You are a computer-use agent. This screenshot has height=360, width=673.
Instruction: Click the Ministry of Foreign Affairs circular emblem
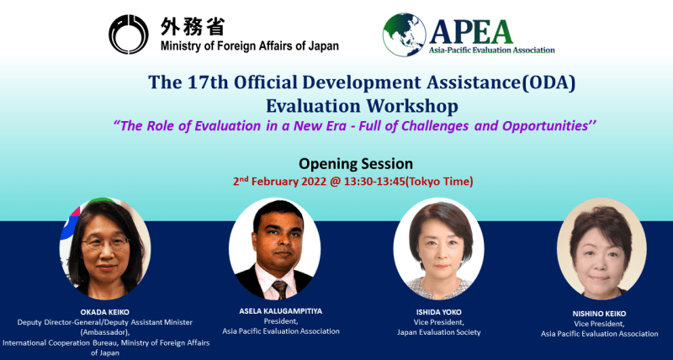tap(129, 34)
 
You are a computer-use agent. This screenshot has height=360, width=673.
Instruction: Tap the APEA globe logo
tap(405, 34)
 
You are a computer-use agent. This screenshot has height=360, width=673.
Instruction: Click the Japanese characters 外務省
tap(193, 27)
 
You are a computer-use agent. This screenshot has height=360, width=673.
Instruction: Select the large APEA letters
tap(471, 32)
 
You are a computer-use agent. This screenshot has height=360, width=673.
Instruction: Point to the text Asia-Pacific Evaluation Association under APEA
tap(492, 50)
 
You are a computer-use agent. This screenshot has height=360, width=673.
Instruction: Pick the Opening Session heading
tap(356, 163)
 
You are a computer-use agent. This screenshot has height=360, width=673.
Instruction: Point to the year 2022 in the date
tap(315, 182)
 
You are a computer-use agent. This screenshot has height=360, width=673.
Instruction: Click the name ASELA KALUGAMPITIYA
tap(281, 311)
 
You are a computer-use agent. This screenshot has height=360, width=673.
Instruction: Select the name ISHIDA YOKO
tap(438, 312)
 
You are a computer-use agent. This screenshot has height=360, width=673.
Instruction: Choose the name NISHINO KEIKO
tap(599, 314)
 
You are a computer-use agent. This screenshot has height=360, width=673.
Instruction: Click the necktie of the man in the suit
tap(279, 289)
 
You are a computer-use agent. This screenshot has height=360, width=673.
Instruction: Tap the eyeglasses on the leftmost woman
tap(105, 243)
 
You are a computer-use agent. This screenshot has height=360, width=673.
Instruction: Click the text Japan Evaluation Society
tap(438, 332)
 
